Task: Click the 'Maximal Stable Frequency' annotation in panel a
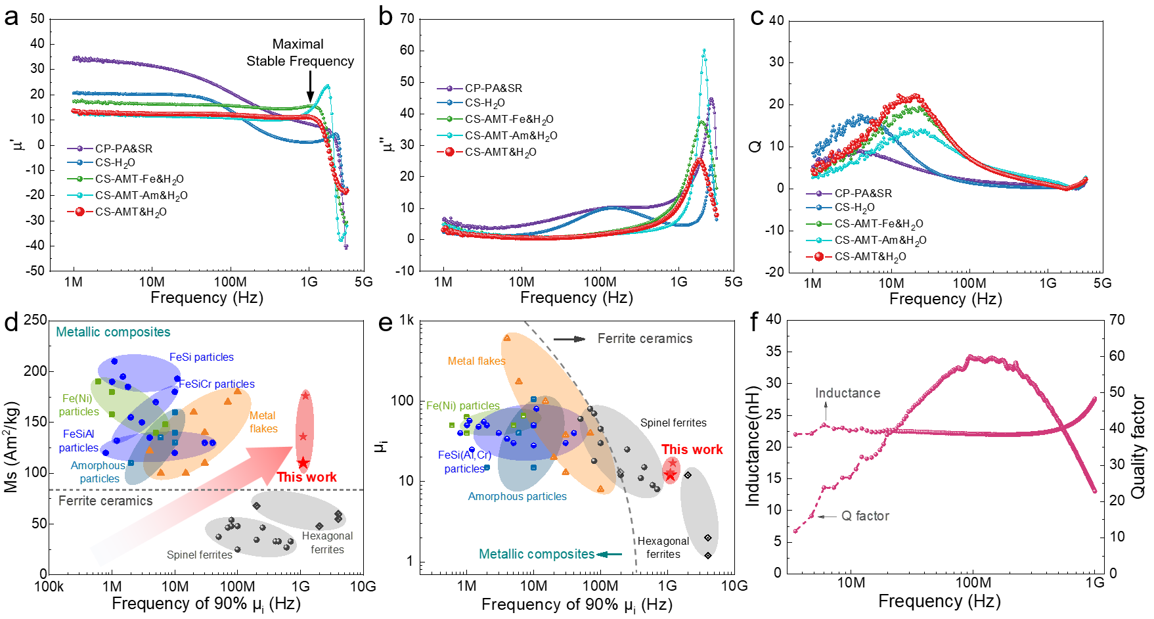pos(300,53)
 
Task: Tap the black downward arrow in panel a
pos(310,87)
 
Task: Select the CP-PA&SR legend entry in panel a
pos(123,149)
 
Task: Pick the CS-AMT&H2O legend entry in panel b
pos(500,152)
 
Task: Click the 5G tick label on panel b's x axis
pos(733,282)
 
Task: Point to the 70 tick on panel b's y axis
pos(407,18)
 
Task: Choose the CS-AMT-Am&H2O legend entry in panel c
pos(880,241)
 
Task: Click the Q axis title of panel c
pos(755,146)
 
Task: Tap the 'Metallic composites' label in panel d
pos(113,332)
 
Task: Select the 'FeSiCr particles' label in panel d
pos(217,384)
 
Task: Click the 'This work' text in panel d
pos(306,477)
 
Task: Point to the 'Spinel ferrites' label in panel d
pos(199,555)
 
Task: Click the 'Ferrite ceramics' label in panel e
pos(644,338)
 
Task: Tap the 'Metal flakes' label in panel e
pos(476,361)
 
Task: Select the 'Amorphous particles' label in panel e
pos(517,496)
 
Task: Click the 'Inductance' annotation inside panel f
pos(847,393)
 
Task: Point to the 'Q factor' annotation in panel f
pos(865,516)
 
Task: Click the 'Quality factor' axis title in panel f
pos(1138,447)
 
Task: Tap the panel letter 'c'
pos(757,17)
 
